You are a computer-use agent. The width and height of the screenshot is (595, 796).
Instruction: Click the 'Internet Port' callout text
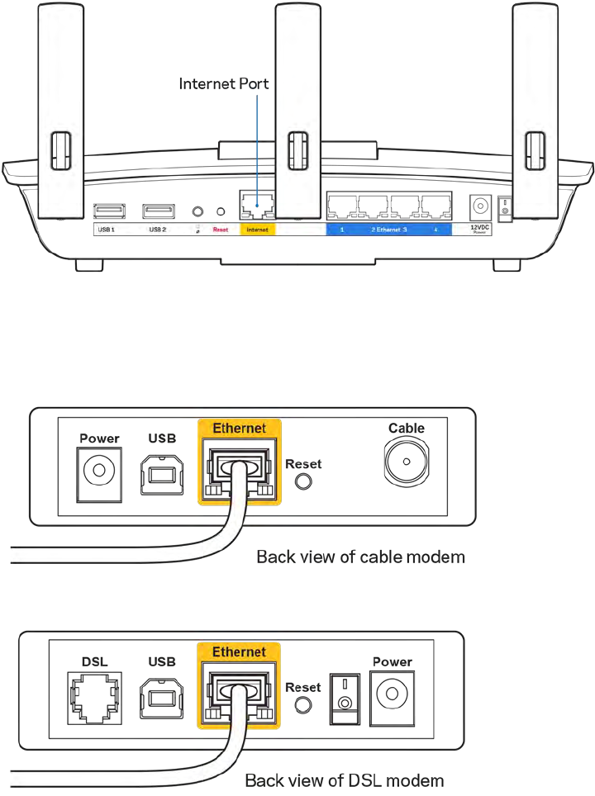[225, 83]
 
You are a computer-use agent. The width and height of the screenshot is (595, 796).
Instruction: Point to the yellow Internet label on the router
[257, 229]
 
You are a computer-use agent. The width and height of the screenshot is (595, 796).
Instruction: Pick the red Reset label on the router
[221, 229]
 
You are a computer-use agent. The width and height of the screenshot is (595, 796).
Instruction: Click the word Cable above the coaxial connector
[407, 428]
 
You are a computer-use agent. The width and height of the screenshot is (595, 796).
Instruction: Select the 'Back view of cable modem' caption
[360, 557]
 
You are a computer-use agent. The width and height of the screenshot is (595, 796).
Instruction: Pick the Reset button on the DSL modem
[303, 704]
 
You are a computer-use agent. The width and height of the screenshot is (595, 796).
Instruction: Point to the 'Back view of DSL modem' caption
[344, 779]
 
